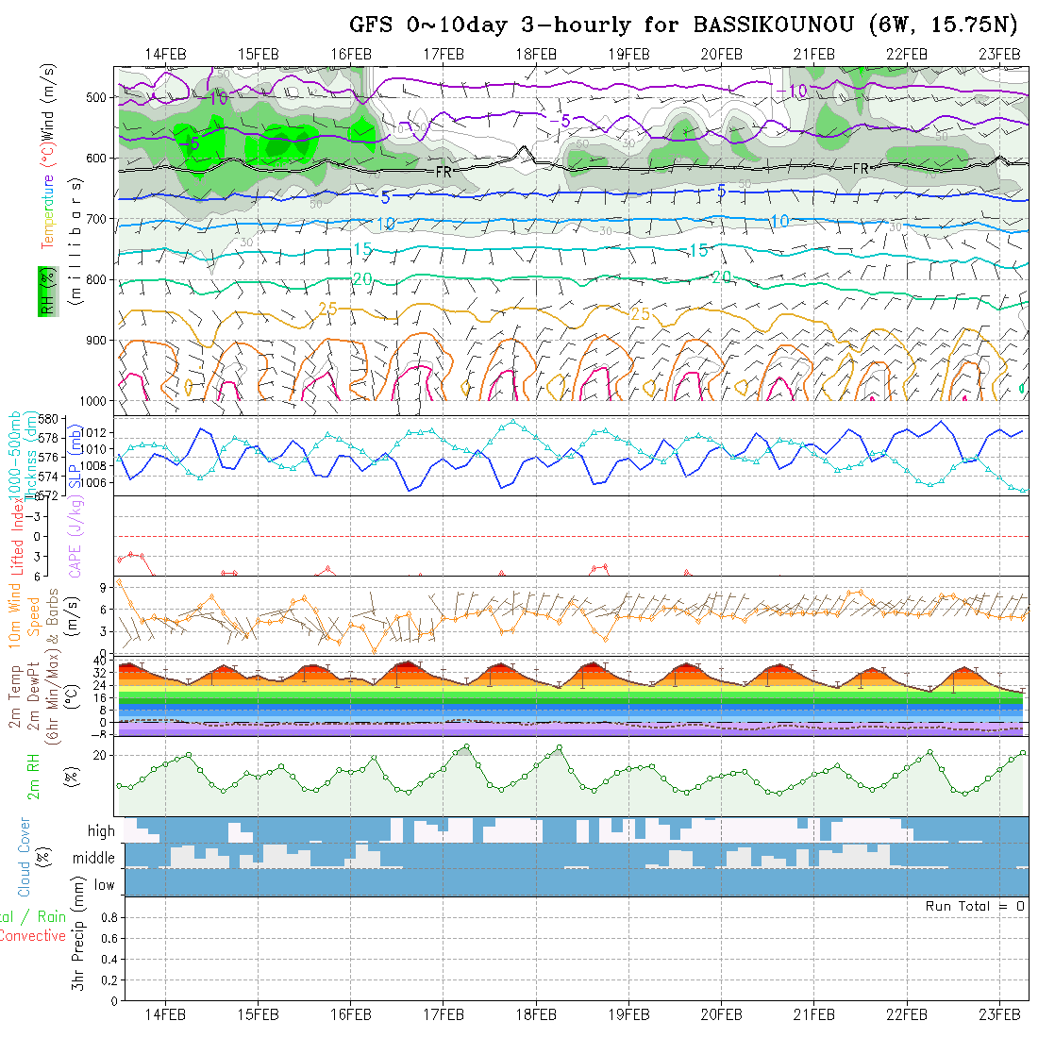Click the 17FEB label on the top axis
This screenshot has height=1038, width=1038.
tap(444, 54)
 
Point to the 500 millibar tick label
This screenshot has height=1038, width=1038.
tap(96, 97)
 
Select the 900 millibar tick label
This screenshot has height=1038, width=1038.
tap(96, 340)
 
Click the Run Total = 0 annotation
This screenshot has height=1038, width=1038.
tap(975, 906)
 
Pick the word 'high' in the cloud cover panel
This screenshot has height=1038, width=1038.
tap(101, 831)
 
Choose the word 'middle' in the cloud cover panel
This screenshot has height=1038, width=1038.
tap(94, 858)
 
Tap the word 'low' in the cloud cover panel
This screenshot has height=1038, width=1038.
tap(104, 885)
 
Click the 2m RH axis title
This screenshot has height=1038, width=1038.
tap(33, 777)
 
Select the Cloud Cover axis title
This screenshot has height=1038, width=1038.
tap(25, 858)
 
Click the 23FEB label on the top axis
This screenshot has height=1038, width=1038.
tap(998, 54)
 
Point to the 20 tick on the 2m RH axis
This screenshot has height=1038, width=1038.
tap(99, 755)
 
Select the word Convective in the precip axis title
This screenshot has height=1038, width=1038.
tap(32, 936)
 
